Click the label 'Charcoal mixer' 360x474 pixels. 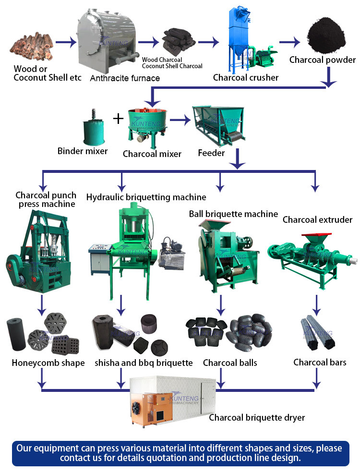click(152, 154)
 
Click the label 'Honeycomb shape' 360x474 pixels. click(48, 363)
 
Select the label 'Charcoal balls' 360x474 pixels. click(230, 363)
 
